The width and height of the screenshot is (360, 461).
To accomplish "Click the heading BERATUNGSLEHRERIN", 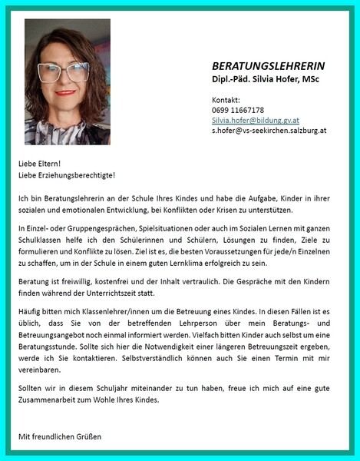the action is [x=268, y=66].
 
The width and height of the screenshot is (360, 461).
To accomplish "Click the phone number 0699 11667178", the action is [x=238, y=111].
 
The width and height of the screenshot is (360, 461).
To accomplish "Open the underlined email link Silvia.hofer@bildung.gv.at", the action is [x=256, y=121].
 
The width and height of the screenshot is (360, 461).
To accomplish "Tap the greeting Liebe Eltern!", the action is [x=40, y=164].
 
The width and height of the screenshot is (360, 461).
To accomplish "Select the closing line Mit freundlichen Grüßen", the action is [x=60, y=437].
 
